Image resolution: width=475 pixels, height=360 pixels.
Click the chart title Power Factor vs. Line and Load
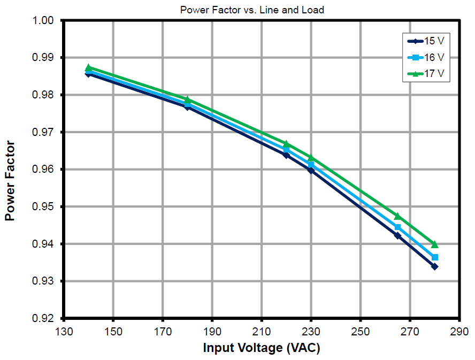coord(252,10)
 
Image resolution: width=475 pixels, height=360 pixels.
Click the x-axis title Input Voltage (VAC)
coord(262,348)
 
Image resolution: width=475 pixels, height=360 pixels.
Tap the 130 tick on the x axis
coord(64,331)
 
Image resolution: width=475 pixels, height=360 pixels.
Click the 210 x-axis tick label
coord(262,331)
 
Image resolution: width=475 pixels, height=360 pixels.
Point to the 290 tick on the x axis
coord(459,331)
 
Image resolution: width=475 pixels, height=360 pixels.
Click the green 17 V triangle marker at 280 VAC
coord(434,244)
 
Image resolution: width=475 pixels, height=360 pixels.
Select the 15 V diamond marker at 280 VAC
coord(434,266)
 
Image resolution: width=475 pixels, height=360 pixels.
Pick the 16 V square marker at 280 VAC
coord(435,257)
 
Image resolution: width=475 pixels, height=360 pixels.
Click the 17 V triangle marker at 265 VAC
coord(397,216)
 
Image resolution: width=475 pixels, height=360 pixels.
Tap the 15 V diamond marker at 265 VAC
coord(397,235)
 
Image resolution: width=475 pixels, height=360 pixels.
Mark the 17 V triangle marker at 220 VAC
coord(286,144)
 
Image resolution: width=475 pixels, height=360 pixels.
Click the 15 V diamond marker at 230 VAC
coord(311,170)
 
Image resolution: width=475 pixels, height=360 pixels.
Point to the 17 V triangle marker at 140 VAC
coord(88,68)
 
